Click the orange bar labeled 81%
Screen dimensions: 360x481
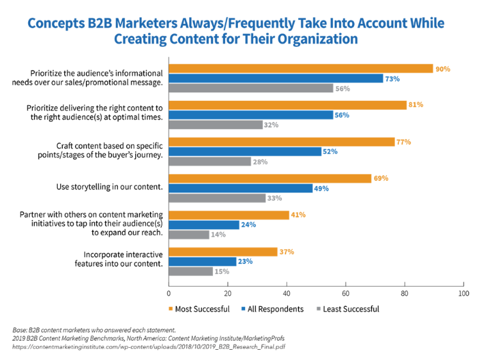(287, 105)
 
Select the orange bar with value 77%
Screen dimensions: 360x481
(282, 142)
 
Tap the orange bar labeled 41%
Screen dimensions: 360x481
(229, 215)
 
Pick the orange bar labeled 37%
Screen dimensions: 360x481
(223, 252)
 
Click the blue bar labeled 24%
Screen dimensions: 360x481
(203, 225)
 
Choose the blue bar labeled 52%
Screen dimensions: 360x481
(245, 152)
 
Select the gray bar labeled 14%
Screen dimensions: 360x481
(189, 235)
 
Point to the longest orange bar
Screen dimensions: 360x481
(301, 69)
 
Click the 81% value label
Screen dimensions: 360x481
(416, 105)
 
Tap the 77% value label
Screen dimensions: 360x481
(403, 142)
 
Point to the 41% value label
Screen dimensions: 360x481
(298, 215)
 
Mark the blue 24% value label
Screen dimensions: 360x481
(248, 225)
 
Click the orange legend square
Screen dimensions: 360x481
(171, 309)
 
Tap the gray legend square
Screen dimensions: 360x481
(319, 309)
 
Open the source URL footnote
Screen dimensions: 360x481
(149, 347)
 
